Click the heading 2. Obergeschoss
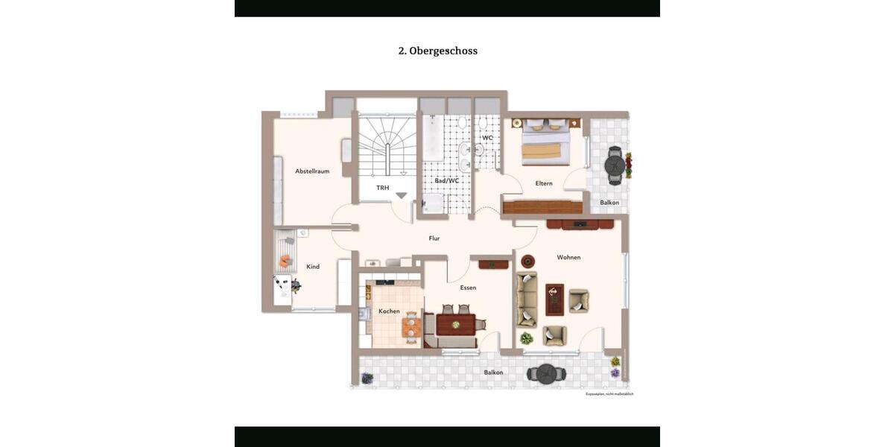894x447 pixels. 438,51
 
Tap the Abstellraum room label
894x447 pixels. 312,171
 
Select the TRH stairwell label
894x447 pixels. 382,188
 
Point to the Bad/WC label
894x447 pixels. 447,180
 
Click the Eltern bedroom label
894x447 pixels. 544,183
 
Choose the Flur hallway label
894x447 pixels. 434,238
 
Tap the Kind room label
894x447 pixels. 313,267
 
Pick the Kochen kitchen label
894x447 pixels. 389,311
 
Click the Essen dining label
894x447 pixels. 468,288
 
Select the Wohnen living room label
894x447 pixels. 568,258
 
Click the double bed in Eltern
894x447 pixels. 546,143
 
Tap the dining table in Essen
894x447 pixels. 455,324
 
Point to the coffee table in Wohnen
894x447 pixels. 555,299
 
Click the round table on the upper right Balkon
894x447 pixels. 615,164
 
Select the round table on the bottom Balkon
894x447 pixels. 547,372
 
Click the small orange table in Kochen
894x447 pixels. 410,326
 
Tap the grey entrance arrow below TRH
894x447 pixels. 401,195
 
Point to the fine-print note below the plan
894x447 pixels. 609,393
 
